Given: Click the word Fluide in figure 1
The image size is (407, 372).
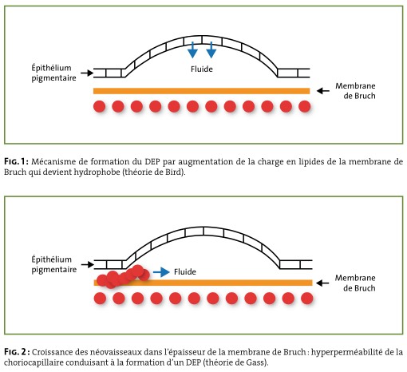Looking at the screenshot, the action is tap(202, 69).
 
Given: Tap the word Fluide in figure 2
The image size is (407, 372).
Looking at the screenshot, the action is tap(185, 271).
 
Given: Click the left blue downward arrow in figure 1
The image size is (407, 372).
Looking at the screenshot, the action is tap(192, 49).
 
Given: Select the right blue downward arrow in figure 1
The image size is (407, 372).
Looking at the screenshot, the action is tap(211, 49).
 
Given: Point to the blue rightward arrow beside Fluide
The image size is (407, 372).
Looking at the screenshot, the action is tap(161, 272).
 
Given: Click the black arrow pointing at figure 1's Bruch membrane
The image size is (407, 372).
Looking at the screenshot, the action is tap(323, 91).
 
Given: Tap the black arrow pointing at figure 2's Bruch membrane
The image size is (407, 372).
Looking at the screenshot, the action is tap(322, 283).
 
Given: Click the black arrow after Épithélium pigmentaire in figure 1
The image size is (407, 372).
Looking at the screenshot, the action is tap(87, 73).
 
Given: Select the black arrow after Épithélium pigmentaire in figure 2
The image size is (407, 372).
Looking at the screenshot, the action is tap(88, 264).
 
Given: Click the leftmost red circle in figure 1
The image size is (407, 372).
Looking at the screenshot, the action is tap(100, 106).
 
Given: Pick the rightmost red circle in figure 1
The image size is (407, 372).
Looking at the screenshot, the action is tap(305, 106).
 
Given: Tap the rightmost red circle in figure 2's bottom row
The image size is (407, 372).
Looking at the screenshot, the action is tap(307, 299).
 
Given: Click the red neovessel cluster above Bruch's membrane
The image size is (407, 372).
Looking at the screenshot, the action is tap(123, 277).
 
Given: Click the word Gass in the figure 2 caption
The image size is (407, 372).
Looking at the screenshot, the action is tap(256, 362).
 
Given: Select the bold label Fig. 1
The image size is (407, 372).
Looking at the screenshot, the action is tap(16, 161).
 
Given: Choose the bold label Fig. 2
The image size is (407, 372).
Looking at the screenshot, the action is tap(17, 352).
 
